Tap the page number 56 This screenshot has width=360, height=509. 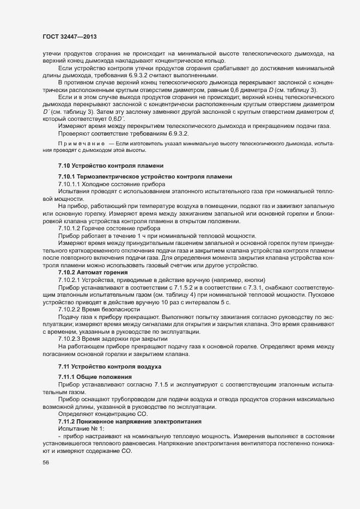(x=46, y=463)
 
